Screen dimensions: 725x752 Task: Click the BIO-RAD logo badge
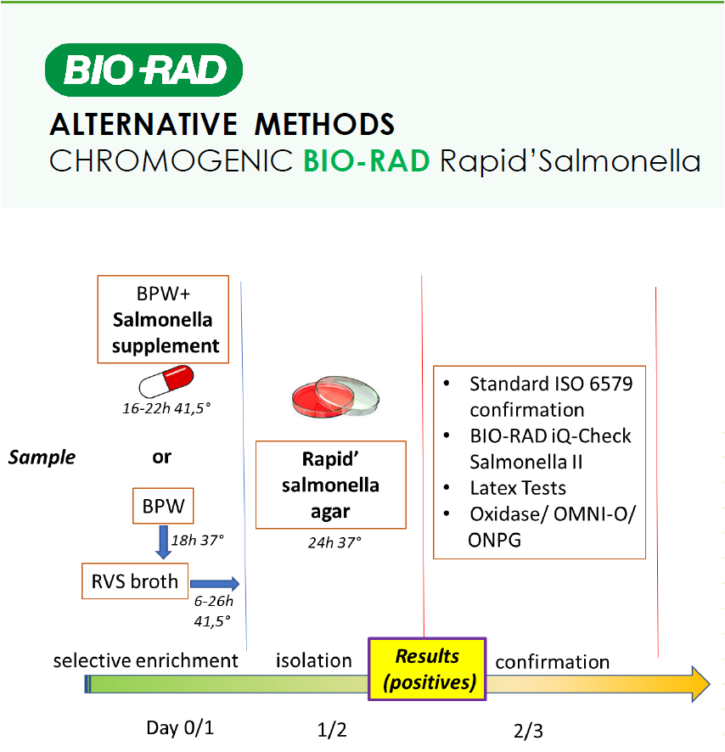point(143,70)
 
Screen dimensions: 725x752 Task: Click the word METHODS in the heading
point(324,125)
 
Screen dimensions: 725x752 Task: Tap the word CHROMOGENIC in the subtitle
point(171,160)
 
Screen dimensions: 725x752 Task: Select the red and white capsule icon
point(166,381)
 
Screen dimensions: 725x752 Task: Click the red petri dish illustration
point(335,396)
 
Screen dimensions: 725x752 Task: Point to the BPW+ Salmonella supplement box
point(163,319)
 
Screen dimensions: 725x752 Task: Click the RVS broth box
point(135,581)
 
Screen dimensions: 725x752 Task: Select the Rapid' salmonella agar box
point(330,485)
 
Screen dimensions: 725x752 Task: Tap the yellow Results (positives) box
point(427,669)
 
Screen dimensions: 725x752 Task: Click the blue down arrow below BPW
point(164,542)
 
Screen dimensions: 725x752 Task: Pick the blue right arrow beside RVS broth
point(215,584)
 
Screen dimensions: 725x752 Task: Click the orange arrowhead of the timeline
point(700,684)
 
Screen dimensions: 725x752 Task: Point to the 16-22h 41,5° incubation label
point(166,408)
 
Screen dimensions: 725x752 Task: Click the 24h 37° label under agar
point(334,543)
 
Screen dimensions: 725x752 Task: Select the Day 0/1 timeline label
point(180,728)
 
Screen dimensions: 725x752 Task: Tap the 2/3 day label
point(528,732)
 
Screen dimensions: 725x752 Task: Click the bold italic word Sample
point(42,457)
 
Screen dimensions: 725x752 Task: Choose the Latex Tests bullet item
point(518,488)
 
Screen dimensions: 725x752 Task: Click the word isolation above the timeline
point(314,661)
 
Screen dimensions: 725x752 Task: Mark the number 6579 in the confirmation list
point(610,384)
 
